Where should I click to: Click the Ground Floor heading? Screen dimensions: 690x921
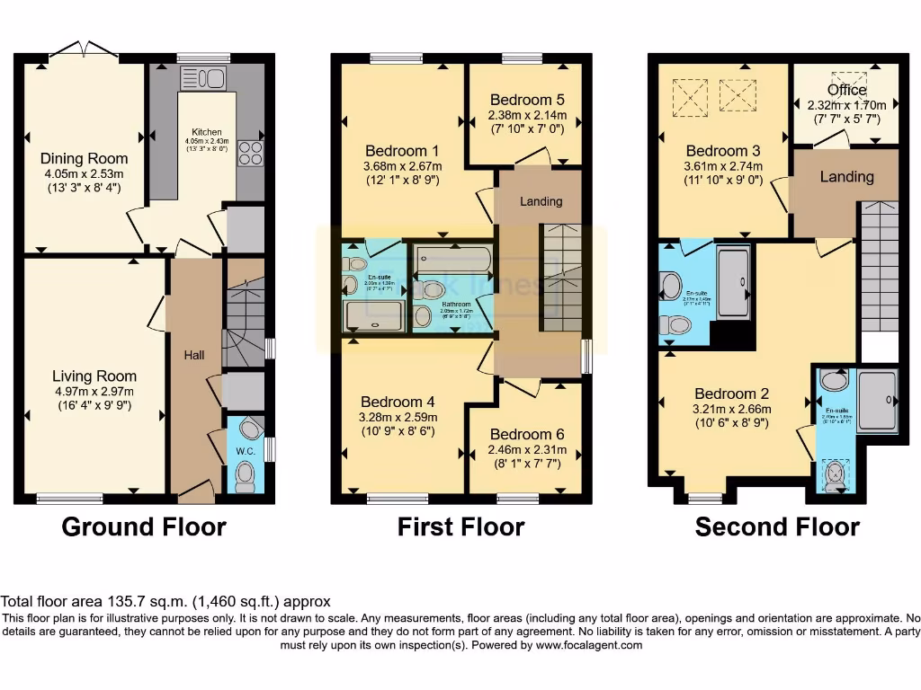click(143, 526)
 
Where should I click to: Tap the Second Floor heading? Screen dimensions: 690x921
click(777, 526)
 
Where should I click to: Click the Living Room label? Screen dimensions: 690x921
click(94, 376)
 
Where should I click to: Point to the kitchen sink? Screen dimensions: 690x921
click(203, 79)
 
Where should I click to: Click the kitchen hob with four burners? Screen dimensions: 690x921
click(250, 154)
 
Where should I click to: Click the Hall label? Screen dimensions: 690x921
click(194, 356)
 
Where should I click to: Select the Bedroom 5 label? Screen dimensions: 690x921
click(527, 100)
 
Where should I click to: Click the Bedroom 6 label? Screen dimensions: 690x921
click(528, 435)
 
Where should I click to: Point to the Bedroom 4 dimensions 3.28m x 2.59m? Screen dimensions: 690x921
click(398, 417)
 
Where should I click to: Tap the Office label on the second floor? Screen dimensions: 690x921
click(846, 90)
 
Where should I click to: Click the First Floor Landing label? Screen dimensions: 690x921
click(541, 201)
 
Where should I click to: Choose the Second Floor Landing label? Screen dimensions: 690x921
click(846, 177)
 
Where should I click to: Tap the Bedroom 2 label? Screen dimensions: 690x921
click(732, 394)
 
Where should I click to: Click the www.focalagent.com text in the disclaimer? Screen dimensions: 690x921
click(586, 645)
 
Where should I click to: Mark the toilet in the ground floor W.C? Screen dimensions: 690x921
click(244, 474)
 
